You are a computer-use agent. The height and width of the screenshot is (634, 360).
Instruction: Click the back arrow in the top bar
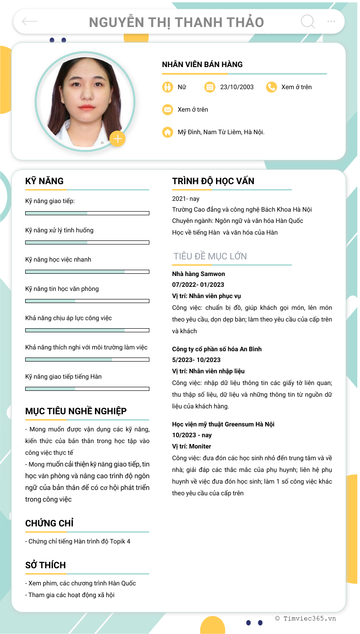30,21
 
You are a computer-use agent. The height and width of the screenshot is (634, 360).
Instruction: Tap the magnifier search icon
307,21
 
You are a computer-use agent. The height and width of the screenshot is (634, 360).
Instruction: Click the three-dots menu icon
331,21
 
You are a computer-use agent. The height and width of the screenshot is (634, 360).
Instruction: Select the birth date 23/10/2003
237,87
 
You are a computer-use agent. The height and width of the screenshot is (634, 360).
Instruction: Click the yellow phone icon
271,87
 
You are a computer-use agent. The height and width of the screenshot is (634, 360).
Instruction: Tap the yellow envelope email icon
167,109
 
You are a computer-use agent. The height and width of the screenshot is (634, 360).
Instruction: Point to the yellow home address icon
167,132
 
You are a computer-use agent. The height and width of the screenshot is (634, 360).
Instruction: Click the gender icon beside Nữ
167,87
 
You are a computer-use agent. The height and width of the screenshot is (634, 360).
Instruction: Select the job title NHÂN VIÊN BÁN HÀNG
202,64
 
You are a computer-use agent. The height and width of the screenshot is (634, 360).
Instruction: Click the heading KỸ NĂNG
45,181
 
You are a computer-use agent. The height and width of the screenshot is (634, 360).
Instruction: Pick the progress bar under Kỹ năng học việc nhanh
87,272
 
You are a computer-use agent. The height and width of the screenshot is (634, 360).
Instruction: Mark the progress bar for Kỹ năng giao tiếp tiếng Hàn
87,389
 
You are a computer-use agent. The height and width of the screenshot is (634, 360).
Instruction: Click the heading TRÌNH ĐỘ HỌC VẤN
213,181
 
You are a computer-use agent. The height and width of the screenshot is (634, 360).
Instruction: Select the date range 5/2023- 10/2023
196,360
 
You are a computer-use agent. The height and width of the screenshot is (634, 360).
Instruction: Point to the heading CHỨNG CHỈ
49,523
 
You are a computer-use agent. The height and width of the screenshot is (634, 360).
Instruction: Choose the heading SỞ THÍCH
45,565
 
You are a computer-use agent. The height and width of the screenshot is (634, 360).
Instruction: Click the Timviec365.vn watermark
306,618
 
